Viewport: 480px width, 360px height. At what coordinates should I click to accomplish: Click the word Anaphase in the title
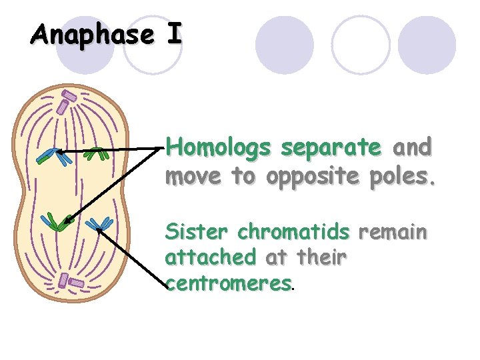[91, 35]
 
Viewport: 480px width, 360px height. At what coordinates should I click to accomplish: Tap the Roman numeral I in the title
[173, 35]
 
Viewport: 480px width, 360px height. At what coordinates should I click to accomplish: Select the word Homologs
[219, 147]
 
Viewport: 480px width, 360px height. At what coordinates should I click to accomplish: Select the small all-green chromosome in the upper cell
[99, 153]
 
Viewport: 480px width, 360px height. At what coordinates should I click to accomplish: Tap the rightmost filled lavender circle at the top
[428, 45]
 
